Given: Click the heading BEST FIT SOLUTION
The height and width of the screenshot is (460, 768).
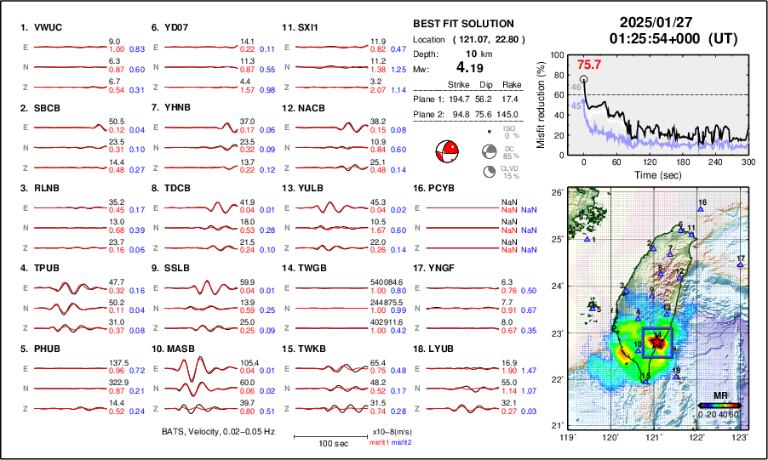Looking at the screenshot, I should [462, 24].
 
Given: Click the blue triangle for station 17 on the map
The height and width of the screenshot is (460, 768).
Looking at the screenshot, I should [740, 265].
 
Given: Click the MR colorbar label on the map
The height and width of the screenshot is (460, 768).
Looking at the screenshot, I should [719, 396].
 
